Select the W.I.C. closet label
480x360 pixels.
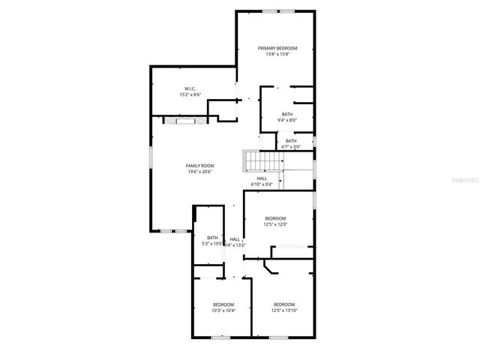click(190, 88)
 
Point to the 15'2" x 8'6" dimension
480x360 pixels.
click(190, 95)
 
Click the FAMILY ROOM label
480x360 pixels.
click(200, 165)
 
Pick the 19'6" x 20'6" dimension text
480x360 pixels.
click(200, 172)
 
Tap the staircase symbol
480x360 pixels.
click(261, 161)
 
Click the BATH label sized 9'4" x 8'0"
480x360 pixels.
click(286, 114)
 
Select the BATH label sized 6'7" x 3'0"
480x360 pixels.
click(290, 140)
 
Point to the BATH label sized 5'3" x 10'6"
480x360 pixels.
click(212, 238)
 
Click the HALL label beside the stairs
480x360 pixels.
click(262, 178)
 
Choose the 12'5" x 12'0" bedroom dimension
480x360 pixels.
click(275, 224)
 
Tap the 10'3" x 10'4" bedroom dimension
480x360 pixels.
click(223, 310)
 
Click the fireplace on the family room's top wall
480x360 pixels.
click(180, 120)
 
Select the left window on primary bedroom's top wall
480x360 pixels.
click(268, 11)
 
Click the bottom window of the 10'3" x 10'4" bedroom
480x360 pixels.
click(220, 337)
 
